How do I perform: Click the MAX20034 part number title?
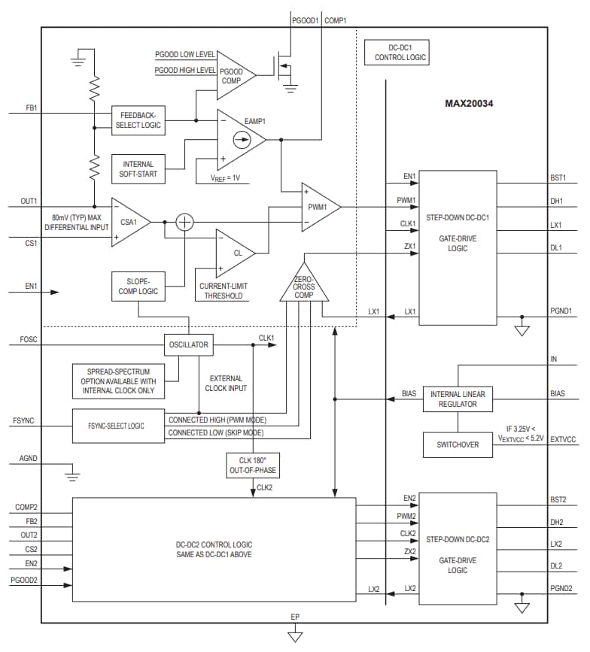click(x=472, y=103)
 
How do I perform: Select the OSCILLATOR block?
click(x=188, y=346)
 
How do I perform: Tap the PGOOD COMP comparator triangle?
click(x=234, y=75)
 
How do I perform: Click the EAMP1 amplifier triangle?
click(x=239, y=139)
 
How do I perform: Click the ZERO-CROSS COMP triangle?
click(x=304, y=284)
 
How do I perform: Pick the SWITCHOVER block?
click(x=458, y=444)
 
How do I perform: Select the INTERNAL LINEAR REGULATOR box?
click(x=458, y=399)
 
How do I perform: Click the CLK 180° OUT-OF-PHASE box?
click(x=252, y=465)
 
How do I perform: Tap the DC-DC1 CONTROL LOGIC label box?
click(x=396, y=52)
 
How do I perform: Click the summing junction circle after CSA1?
click(x=184, y=222)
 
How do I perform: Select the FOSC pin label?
click(x=28, y=339)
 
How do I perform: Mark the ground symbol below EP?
click(x=295, y=636)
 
